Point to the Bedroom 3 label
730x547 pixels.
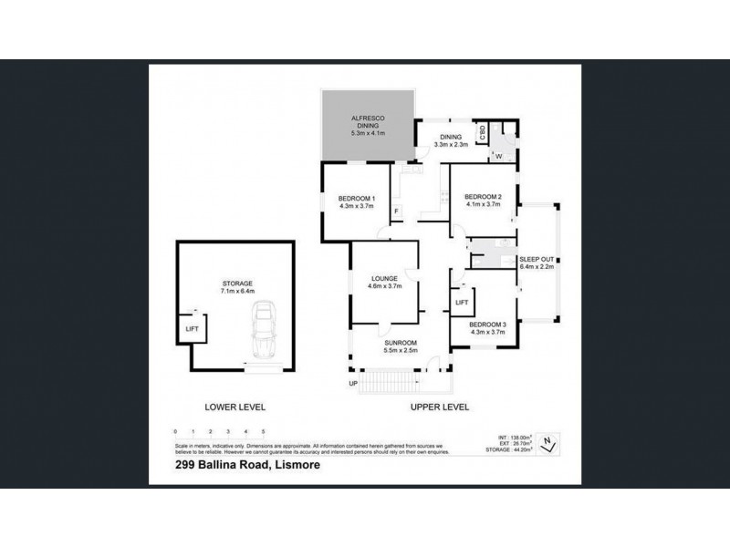pyautogui.click(x=487, y=329)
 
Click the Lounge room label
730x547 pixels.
pyautogui.click(x=381, y=282)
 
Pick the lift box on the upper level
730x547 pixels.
pyautogui.click(x=462, y=302)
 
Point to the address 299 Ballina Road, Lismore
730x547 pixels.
pyautogui.click(x=243, y=465)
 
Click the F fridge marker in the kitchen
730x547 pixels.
pyautogui.click(x=395, y=213)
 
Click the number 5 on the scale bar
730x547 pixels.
pyautogui.click(x=263, y=429)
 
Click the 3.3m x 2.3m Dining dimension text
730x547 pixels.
pyautogui.click(x=450, y=144)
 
